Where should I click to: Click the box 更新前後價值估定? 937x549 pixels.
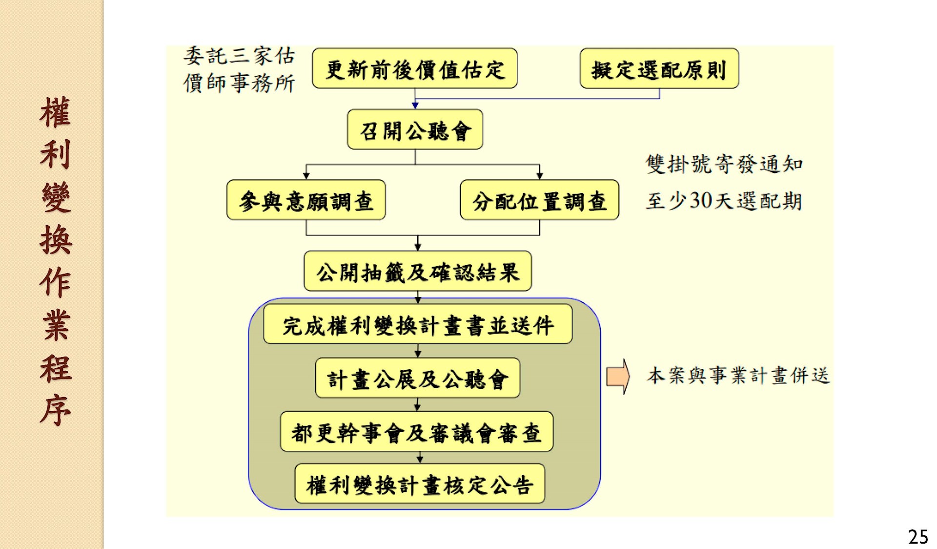pyautogui.click(x=414, y=69)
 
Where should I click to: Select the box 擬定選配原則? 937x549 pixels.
pyautogui.click(x=659, y=69)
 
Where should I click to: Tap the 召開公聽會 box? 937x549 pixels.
pyautogui.click(x=415, y=130)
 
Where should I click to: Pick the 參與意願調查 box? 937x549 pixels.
pyautogui.click(x=306, y=200)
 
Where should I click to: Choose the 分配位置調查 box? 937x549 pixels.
pyautogui.click(x=539, y=200)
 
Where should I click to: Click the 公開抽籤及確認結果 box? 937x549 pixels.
pyautogui.click(x=417, y=272)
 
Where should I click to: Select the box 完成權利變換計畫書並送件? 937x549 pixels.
pyautogui.click(x=418, y=325)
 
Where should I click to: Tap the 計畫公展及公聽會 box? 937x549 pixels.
pyautogui.click(x=417, y=379)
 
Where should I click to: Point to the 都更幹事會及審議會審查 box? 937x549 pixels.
pyautogui.click(x=416, y=432)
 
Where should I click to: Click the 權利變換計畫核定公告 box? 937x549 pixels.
pyautogui.click(x=420, y=484)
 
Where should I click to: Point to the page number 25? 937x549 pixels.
pyautogui.click(x=917, y=537)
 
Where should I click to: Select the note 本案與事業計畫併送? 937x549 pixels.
pyautogui.click(x=738, y=376)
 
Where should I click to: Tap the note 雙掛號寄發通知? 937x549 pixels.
pyautogui.click(x=724, y=164)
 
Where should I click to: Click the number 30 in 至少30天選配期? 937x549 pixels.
pyautogui.click(x=700, y=200)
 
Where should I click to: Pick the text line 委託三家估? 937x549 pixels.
pyautogui.click(x=239, y=56)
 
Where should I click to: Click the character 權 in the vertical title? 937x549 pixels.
pyautogui.click(x=55, y=112)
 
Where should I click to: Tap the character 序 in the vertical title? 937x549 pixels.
pyautogui.click(x=55, y=410)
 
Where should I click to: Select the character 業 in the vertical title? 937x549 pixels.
pyautogui.click(x=55, y=325)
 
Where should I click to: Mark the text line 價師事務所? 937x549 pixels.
pyautogui.click(x=239, y=83)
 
